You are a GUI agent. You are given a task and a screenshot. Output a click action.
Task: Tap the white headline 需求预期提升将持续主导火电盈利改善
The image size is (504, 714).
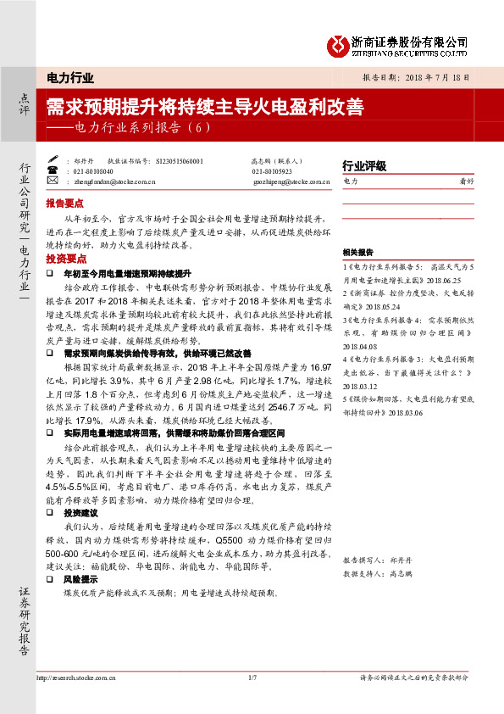(x=204, y=108)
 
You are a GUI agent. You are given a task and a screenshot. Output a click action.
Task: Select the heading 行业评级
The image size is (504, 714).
(x=364, y=165)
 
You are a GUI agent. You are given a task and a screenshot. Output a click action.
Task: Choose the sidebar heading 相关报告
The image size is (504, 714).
(x=358, y=253)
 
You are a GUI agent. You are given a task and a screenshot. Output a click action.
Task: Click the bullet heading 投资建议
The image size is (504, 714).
(x=81, y=514)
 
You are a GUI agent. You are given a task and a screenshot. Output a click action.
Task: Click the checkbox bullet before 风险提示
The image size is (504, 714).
(x=52, y=579)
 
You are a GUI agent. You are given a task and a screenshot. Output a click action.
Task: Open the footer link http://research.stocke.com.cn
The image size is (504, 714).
(x=75, y=678)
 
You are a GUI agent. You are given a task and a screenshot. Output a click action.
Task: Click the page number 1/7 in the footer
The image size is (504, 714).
(x=252, y=678)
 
